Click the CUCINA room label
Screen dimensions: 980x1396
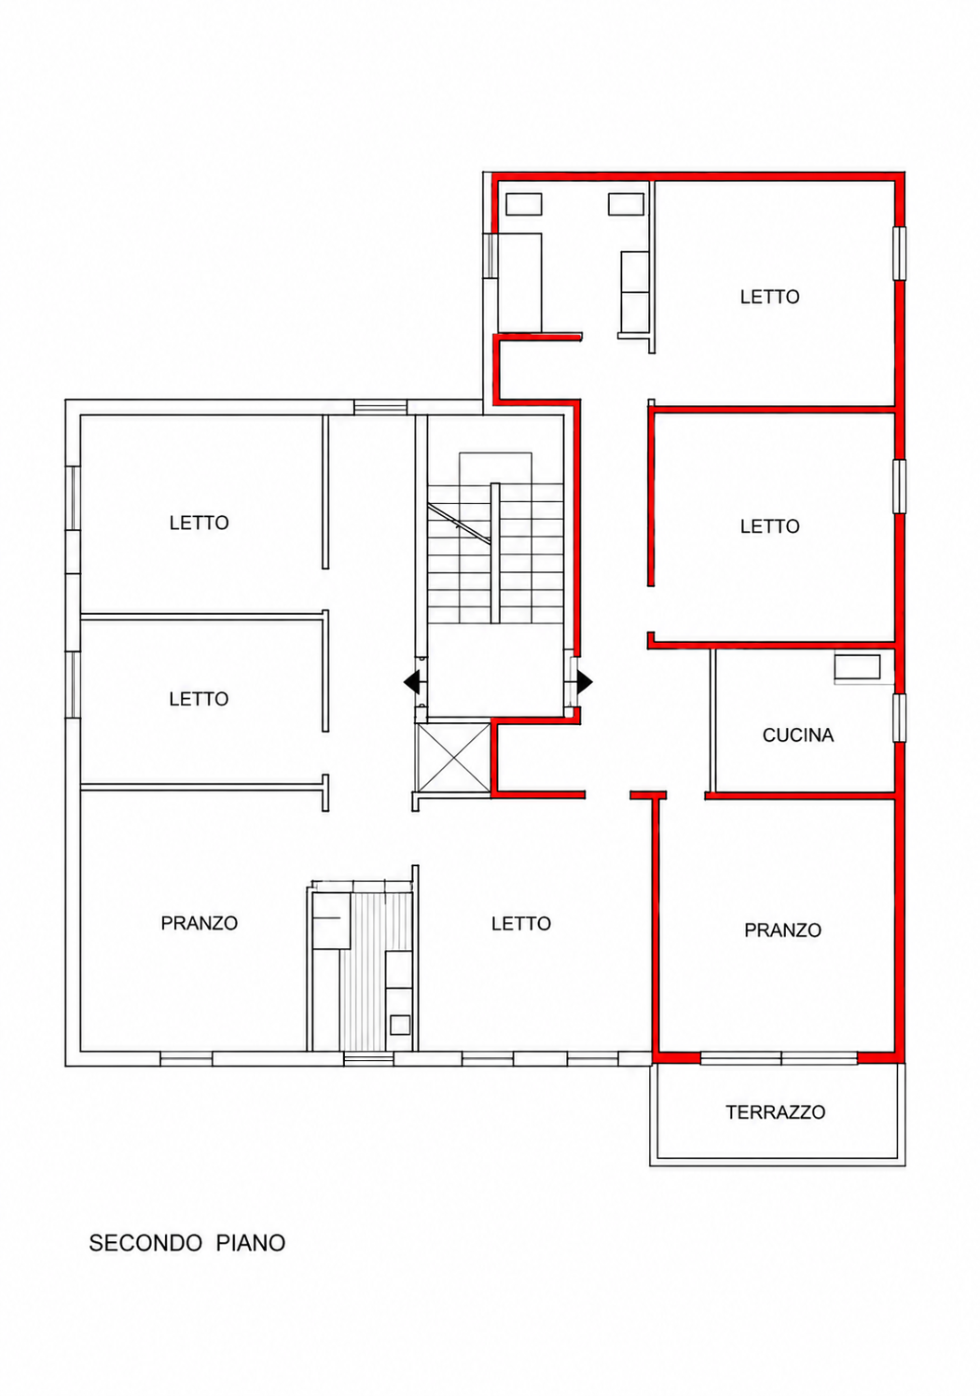coord(797,735)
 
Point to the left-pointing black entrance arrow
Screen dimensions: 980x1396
coord(411,682)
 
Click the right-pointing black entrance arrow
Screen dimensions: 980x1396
coord(585,682)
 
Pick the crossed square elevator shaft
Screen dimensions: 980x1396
coord(455,758)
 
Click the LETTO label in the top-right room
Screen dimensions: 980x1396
coord(769,297)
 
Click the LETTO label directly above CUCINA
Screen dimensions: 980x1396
coord(769,526)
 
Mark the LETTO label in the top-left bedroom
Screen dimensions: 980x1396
coord(200,523)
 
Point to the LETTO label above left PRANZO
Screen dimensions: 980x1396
coord(200,699)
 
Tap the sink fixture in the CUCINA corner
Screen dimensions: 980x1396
coord(857,667)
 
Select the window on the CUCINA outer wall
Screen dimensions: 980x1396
coord(899,718)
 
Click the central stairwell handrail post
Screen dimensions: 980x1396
coord(495,552)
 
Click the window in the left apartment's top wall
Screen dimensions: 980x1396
coord(380,408)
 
